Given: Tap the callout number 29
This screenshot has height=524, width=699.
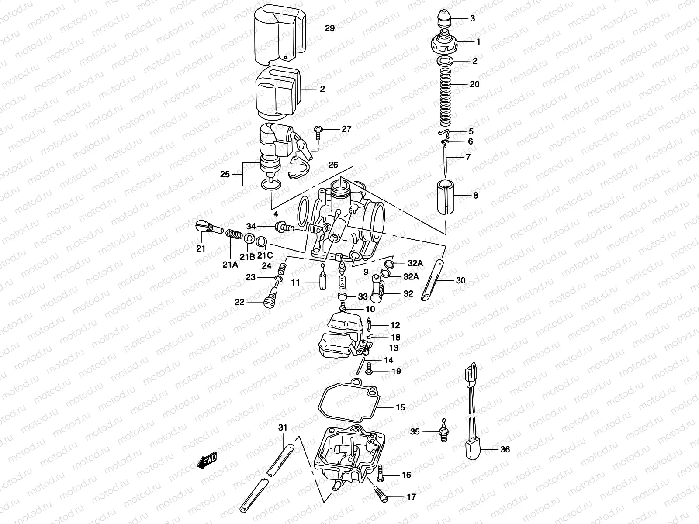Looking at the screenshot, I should pyautogui.click(x=329, y=28).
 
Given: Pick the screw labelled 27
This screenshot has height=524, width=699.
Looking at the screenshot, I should pyautogui.click(x=318, y=131).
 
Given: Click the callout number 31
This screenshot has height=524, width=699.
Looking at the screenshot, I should pyautogui.click(x=283, y=427).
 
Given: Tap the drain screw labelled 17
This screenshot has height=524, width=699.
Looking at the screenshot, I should pyautogui.click(x=379, y=493).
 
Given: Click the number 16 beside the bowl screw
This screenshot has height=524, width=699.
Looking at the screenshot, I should pyautogui.click(x=406, y=475).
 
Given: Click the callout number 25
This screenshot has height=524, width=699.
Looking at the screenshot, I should pyautogui.click(x=225, y=175).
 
